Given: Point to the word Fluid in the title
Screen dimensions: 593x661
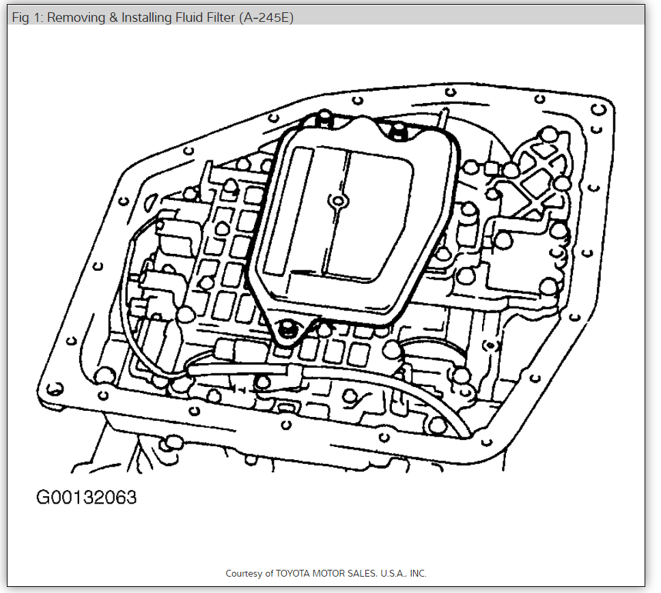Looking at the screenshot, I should click(x=188, y=18).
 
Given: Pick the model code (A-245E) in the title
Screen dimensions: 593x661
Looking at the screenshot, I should click(x=266, y=18).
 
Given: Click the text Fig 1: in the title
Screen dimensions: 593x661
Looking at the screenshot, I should click(x=27, y=18).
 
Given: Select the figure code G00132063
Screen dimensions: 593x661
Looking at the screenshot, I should click(x=86, y=497).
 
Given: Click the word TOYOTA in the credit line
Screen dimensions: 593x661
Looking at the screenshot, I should click(x=293, y=574).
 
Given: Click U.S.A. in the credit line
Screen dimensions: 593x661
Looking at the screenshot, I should click(x=395, y=574).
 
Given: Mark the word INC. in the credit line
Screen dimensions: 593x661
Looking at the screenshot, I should click(x=418, y=574).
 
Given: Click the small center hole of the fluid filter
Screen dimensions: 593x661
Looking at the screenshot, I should click(x=336, y=201).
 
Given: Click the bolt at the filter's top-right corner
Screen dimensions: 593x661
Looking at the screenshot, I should click(x=396, y=130).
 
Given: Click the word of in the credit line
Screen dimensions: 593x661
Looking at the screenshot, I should click(x=270, y=574).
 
